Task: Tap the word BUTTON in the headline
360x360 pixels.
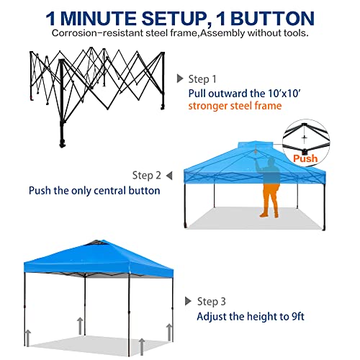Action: click(x=272, y=19)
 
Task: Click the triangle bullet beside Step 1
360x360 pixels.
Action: click(x=180, y=78)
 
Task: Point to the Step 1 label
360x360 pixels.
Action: click(x=202, y=79)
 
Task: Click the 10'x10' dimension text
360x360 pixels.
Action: click(x=284, y=94)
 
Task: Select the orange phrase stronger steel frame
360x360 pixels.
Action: click(x=235, y=106)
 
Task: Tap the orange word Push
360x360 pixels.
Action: click(x=305, y=158)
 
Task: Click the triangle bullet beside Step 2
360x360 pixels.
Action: click(x=169, y=176)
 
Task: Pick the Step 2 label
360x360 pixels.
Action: click(x=147, y=176)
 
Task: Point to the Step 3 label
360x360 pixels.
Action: click(x=212, y=302)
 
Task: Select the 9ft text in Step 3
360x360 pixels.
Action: click(x=298, y=316)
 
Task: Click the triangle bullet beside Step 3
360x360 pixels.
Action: click(x=188, y=301)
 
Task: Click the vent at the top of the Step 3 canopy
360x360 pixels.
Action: click(x=98, y=243)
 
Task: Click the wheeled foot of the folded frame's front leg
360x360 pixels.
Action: click(x=63, y=143)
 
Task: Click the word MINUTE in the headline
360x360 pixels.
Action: click(x=97, y=19)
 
